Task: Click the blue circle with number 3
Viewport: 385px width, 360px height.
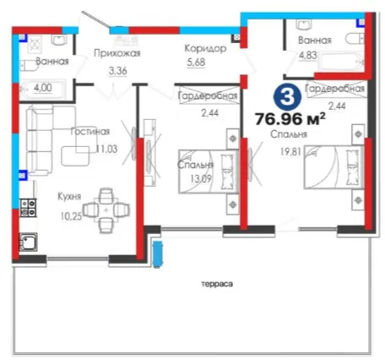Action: [x=287, y=97]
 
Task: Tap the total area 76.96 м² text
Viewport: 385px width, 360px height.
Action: [x=290, y=119]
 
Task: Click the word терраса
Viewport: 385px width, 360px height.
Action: [x=217, y=284]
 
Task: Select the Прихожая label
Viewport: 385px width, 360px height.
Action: [x=117, y=53]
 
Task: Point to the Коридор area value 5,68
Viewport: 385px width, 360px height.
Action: [x=196, y=62]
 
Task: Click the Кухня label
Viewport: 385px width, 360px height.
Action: [x=69, y=196]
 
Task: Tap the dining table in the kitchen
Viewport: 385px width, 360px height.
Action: [x=106, y=210]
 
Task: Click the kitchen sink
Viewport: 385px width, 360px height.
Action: [x=28, y=242]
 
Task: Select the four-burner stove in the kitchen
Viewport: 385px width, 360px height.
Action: [x=28, y=208]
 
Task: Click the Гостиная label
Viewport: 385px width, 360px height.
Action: [x=90, y=132]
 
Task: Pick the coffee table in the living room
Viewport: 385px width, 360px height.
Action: [x=75, y=155]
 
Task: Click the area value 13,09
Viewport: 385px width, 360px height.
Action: [x=200, y=178]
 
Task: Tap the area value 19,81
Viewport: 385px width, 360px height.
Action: [x=290, y=152]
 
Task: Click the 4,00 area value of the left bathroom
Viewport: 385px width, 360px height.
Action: [x=43, y=88]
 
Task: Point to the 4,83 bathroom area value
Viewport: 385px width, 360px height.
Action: [x=308, y=55]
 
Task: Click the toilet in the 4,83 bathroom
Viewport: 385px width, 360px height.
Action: [x=355, y=39]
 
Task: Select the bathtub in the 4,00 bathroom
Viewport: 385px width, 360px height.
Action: [x=42, y=90]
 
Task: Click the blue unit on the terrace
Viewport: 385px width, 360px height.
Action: [x=158, y=254]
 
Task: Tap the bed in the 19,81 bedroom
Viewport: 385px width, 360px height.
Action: [x=334, y=167]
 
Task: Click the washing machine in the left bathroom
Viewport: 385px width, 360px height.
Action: [x=35, y=45]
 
